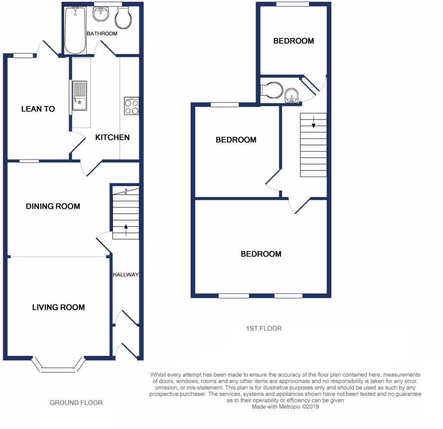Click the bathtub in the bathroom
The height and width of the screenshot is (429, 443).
click(75, 30)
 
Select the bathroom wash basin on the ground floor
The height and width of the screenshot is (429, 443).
click(101, 14)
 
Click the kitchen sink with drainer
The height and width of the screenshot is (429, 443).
click(80, 95)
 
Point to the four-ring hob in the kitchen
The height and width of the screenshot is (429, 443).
click(132, 106)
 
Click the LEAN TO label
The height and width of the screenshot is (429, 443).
click(38, 109)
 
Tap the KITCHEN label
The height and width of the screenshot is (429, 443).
click(112, 138)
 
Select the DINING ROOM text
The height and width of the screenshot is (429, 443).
click(53, 206)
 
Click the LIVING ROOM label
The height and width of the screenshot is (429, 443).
click(58, 307)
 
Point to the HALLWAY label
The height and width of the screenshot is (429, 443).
click(125, 275)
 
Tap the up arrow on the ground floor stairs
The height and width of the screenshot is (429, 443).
click(126, 229)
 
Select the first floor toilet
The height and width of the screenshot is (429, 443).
click(273, 90)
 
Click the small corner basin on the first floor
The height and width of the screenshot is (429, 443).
click(292, 96)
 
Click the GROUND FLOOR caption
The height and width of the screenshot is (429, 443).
click(76, 403)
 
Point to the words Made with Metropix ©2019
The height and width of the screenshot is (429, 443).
click(286, 407)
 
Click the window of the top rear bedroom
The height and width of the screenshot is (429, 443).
click(293, 4)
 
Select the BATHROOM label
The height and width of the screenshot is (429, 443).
click(102, 33)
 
